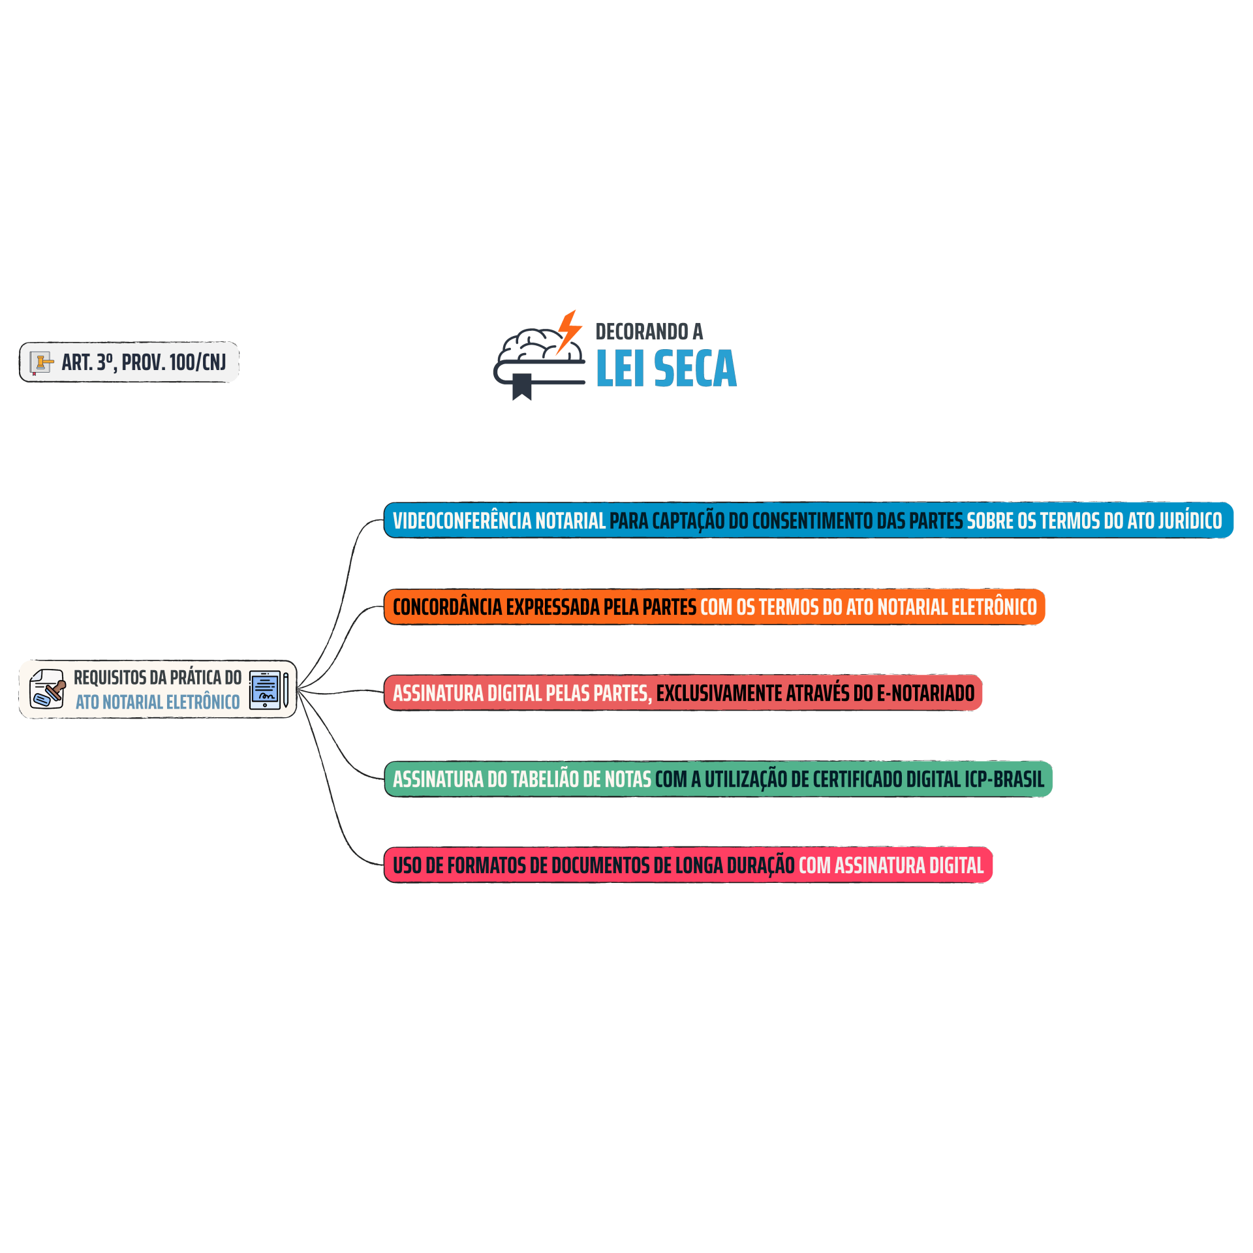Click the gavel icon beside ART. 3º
(42, 363)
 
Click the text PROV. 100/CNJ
(174, 362)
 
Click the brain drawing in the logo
(540, 346)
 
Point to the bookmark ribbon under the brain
(521, 387)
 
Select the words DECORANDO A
(649, 332)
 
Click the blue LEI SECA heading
(666, 369)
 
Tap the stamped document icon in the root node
(48, 688)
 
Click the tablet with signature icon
(268, 690)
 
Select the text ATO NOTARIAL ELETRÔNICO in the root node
(158, 702)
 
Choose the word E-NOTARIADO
(925, 693)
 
